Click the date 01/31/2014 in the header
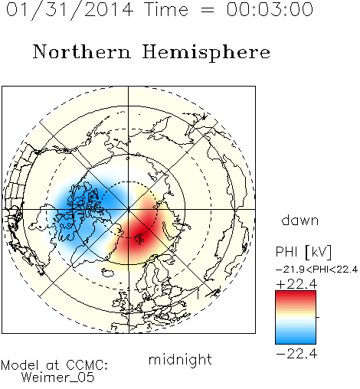pos(70,10)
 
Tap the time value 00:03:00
pos(270,9)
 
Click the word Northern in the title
pos(82,51)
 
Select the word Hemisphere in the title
pos(206,53)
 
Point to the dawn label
pos(300,220)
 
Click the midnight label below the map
pos(180,359)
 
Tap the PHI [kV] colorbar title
pos(303,252)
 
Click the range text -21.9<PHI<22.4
pos(316,270)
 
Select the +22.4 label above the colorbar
pos(296,284)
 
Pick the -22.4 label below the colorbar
pos(296,354)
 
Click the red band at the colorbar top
pos(296,294)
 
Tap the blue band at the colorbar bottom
pos(296,340)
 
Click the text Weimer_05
pos(58,378)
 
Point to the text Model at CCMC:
pos(54,365)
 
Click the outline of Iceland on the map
pos(108,273)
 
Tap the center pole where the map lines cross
pos(128,210)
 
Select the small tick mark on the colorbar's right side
pos(318,317)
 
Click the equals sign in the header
pos(208,10)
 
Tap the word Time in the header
pos(166,9)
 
